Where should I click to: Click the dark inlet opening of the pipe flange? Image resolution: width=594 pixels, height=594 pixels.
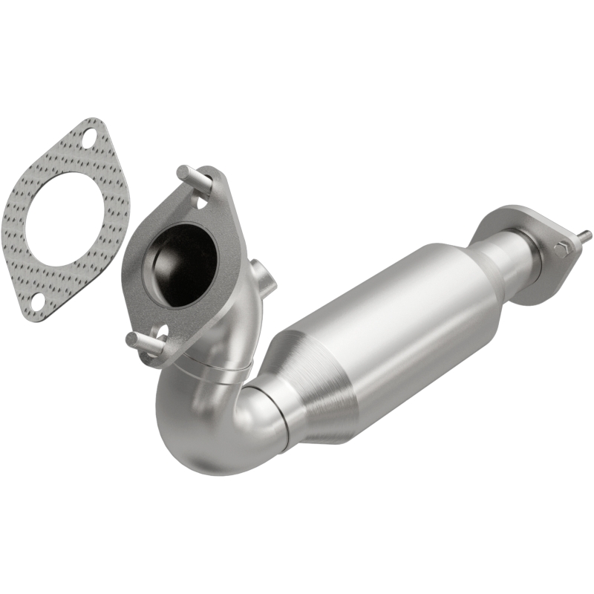[186, 264]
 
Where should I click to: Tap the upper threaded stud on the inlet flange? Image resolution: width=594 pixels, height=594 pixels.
[185, 174]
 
